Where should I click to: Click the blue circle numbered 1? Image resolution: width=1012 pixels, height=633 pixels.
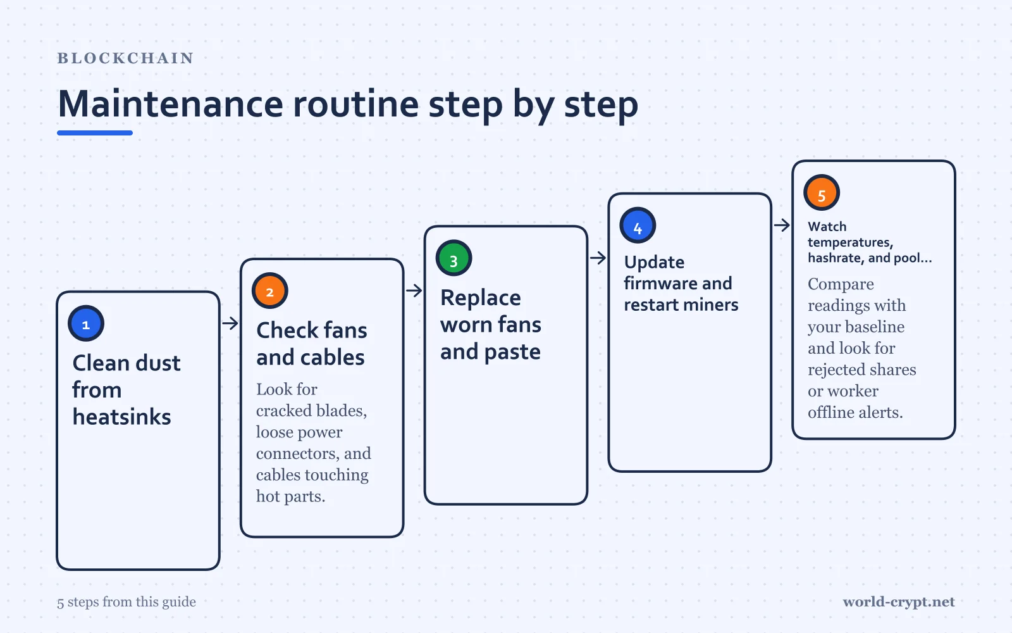tap(86, 323)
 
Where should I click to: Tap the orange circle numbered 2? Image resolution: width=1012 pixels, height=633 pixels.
tap(269, 291)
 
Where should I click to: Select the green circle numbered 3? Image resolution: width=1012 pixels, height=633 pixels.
tap(454, 258)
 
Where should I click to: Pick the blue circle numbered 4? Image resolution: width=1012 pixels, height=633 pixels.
tap(638, 225)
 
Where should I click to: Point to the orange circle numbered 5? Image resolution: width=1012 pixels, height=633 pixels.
tap(822, 192)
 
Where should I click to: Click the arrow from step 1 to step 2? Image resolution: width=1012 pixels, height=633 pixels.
tap(230, 323)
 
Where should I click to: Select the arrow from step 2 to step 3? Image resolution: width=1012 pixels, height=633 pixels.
tap(414, 291)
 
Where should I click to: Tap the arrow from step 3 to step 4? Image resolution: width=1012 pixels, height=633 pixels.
tap(598, 258)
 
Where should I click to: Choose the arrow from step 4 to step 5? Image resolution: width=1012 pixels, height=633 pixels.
tap(782, 225)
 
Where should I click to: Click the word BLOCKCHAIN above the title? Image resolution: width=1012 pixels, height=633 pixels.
tap(126, 58)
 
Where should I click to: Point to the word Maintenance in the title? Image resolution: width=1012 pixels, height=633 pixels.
tap(171, 104)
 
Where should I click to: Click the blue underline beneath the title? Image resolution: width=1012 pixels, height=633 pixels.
tap(95, 133)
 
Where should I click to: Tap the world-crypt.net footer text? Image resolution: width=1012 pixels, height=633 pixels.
tap(899, 602)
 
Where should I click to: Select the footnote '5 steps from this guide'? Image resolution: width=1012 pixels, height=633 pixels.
tap(126, 602)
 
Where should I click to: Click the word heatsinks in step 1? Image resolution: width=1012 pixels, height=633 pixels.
tap(122, 417)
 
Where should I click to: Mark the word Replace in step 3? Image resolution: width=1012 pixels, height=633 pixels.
tap(481, 299)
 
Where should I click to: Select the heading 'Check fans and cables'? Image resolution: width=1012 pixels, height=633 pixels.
tap(312, 344)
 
